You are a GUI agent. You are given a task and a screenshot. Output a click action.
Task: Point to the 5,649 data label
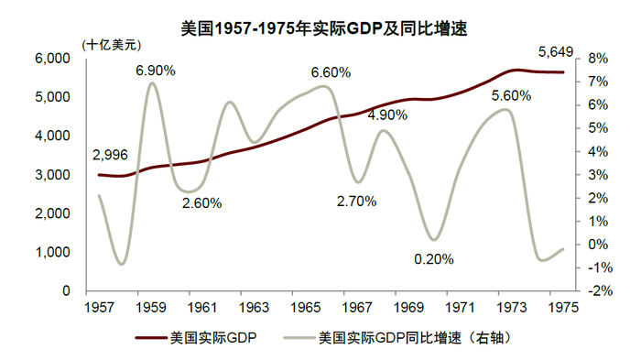(x=555, y=52)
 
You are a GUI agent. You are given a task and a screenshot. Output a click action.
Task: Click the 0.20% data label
(x=433, y=259)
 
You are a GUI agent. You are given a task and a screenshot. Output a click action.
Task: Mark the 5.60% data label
(x=511, y=95)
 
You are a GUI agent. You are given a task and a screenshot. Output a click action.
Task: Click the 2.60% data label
(x=201, y=203)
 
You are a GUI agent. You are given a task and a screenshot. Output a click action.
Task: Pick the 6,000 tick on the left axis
(x=54, y=58)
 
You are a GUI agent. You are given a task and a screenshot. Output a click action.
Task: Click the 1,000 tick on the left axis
(x=54, y=252)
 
